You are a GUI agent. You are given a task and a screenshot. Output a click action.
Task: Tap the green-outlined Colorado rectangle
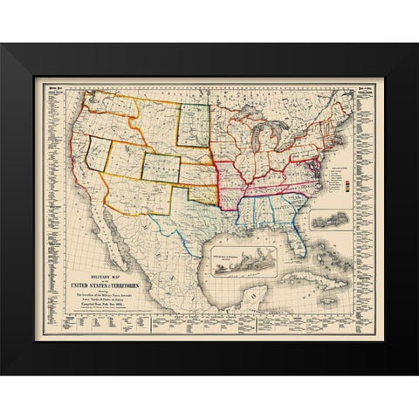click(161, 166)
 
